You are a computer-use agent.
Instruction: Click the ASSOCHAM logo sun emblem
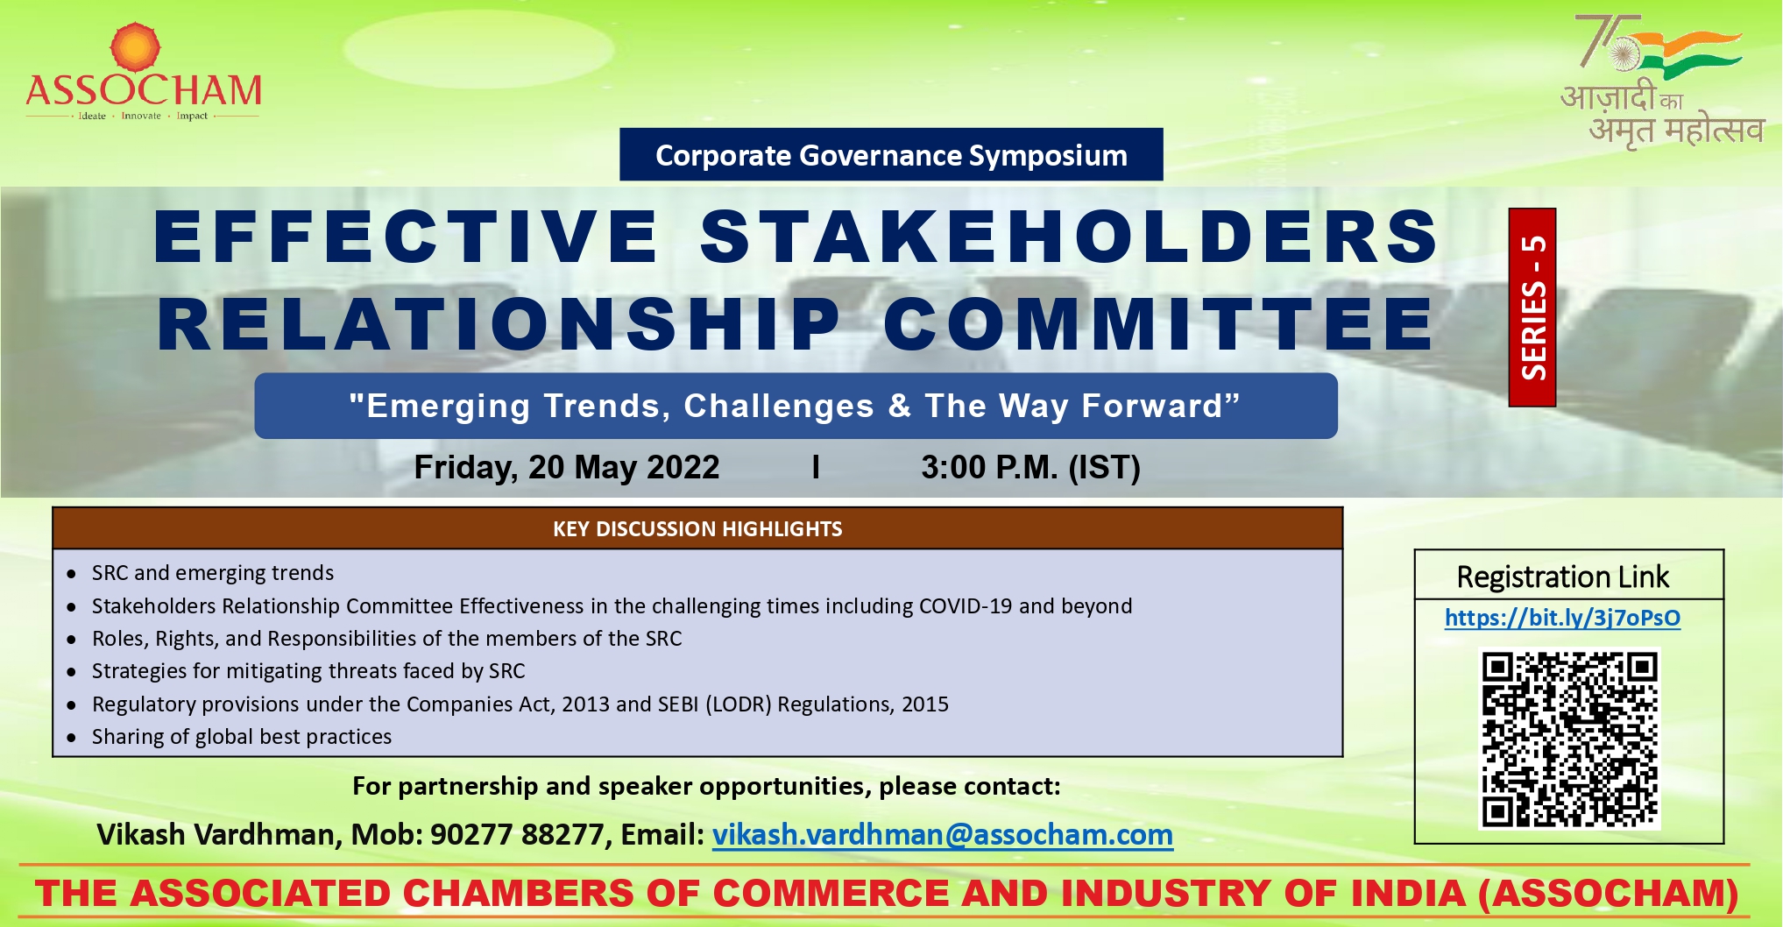[135, 46]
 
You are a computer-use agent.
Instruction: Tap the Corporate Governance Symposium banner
[891, 155]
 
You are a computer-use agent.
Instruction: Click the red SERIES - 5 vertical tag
[1532, 308]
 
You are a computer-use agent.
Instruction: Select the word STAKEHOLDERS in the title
[1070, 237]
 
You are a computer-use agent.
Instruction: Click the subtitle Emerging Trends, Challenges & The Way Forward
[795, 406]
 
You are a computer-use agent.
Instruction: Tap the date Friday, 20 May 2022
[566, 467]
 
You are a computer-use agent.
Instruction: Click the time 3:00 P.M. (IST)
[1030, 467]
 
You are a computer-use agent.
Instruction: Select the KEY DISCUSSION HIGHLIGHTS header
[697, 528]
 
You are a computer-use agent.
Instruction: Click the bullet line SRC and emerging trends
[213, 573]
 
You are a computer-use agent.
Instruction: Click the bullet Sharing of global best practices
[242, 737]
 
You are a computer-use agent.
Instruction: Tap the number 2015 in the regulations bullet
[925, 704]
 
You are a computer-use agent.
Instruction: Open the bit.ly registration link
[1562, 618]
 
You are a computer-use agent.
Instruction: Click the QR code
[1569, 739]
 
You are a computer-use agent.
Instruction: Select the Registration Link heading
[1562, 577]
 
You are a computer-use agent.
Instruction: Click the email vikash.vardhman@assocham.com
[942, 835]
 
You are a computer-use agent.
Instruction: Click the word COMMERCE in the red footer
[831, 894]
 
